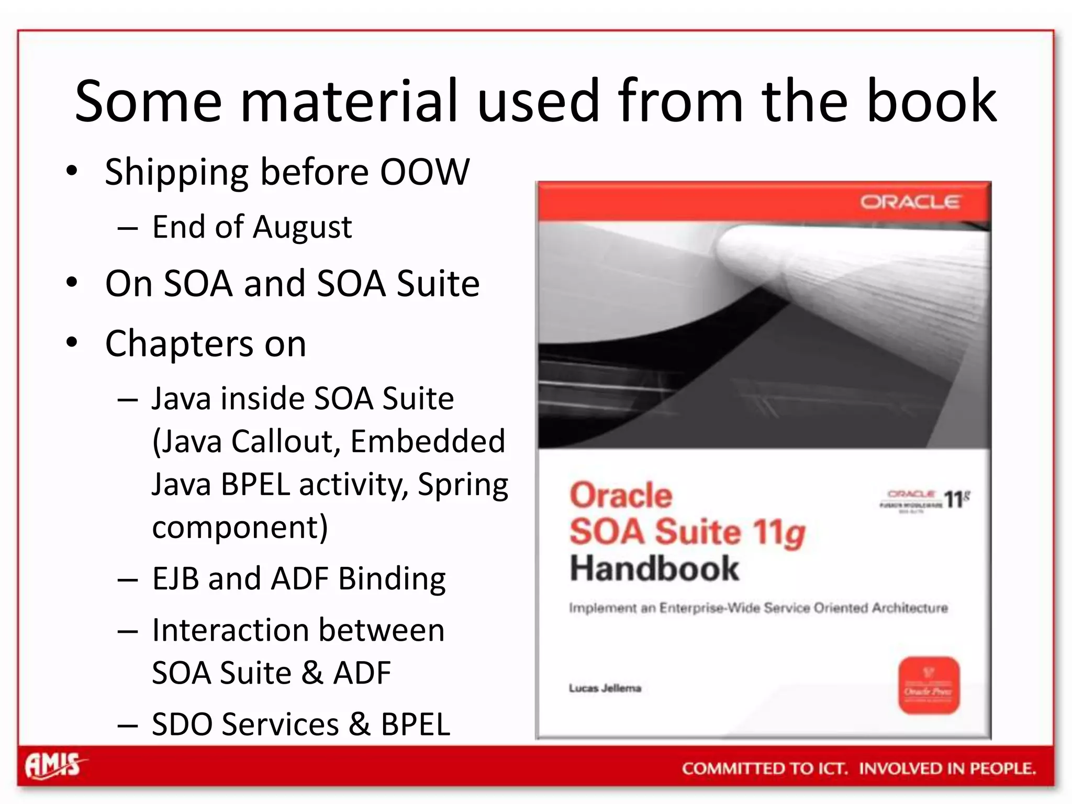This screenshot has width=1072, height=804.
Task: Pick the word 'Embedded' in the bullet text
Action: [428, 441]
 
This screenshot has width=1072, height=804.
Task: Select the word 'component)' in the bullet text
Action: [240, 528]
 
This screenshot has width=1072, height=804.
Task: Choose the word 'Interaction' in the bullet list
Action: [220, 630]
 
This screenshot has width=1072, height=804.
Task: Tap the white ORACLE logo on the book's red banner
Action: [910, 202]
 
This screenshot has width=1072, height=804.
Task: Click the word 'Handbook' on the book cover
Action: [654, 569]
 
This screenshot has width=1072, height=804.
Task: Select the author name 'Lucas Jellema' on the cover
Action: [605, 688]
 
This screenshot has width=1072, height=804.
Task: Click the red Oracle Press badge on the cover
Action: [929, 685]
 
